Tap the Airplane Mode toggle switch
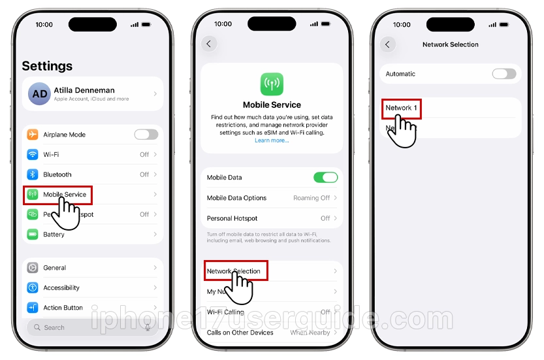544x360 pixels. tap(146, 135)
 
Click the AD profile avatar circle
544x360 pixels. tap(39, 94)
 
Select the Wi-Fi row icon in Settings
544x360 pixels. tap(33, 155)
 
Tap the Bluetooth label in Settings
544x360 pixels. tap(57, 174)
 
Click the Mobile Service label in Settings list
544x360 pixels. tap(65, 195)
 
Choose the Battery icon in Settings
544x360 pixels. tap(33, 234)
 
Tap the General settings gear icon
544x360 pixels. tap(33, 267)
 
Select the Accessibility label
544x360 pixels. tap(61, 287)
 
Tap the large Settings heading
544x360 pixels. tap(47, 66)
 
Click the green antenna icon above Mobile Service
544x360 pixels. tap(272, 84)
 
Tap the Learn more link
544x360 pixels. tap(272, 140)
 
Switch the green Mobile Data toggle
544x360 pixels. tap(325, 177)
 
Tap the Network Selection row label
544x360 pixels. tap(234, 271)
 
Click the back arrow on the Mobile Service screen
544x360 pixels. tap(208, 44)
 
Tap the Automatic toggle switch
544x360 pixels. tap(504, 74)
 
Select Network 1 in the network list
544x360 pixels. tap(401, 108)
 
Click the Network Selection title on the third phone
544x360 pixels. tap(451, 44)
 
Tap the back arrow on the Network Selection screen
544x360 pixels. tap(387, 44)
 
